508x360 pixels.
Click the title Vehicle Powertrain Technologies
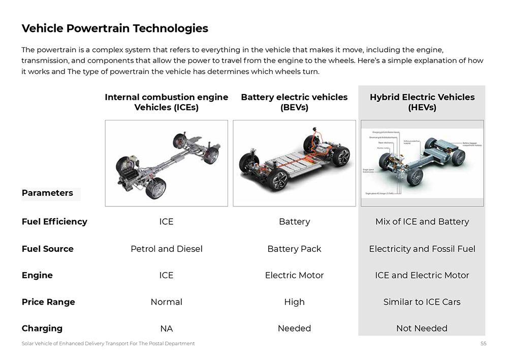click(115, 28)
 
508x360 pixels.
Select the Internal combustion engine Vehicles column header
click(166, 102)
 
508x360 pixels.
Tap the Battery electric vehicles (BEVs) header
click(294, 102)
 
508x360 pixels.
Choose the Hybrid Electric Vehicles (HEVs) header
click(422, 102)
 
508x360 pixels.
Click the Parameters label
click(47, 193)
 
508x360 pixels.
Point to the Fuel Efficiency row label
click(54, 222)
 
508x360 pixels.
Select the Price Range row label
click(48, 302)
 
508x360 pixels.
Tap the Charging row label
click(42, 328)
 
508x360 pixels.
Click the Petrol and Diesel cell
click(166, 249)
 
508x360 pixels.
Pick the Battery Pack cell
click(294, 249)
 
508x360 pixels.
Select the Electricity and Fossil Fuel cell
click(422, 249)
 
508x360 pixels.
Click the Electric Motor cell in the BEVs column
click(294, 276)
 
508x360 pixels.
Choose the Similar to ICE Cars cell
click(422, 302)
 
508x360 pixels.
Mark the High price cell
click(294, 302)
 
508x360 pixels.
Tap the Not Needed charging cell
click(422, 328)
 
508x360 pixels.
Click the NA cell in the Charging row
click(166, 328)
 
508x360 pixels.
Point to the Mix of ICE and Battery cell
click(422, 222)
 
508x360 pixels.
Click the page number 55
click(483, 344)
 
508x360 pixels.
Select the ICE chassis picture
click(166, 163)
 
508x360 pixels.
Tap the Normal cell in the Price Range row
click(166, 302)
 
